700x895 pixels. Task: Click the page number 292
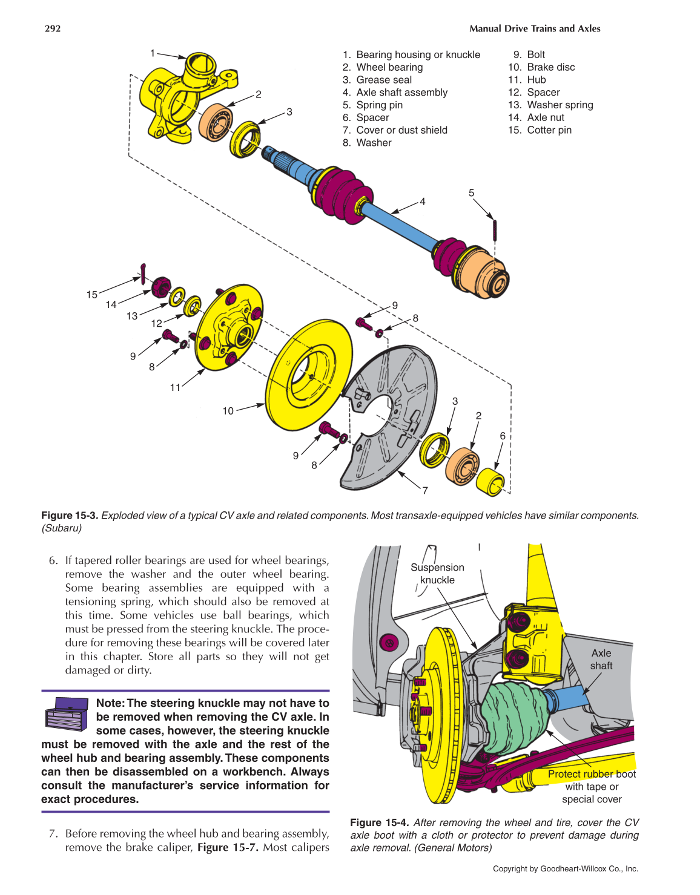point(53,28)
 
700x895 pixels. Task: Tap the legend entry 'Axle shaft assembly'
point(401,93)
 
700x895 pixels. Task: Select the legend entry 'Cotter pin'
point(549,130)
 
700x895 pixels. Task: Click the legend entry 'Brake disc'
point(550,67)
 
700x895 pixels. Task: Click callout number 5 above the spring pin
point(471,193)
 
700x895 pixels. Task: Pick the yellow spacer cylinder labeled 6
point(490,481)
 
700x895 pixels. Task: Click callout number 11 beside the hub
point(175,387)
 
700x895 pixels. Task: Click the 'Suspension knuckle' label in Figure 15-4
point(437,574)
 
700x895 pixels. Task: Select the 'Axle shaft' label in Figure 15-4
point(601,659)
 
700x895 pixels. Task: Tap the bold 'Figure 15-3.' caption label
point(69,516)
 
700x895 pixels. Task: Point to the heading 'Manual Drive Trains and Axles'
point(535,28)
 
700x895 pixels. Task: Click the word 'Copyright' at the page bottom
point(510,869)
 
